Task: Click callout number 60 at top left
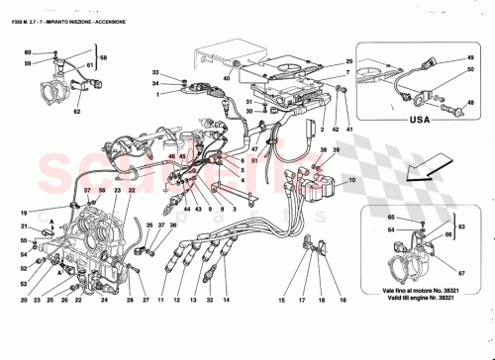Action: click(x=27, y=51)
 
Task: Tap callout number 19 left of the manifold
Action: click(x=22, y=214)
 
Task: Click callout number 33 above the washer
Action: click(x=155, y=74)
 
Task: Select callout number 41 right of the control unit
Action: click(x=348, y=130)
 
